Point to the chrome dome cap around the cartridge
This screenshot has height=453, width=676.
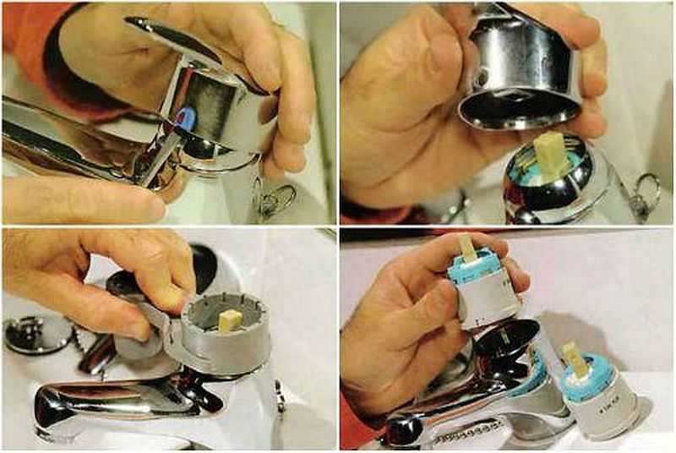[x=549, y=190]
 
